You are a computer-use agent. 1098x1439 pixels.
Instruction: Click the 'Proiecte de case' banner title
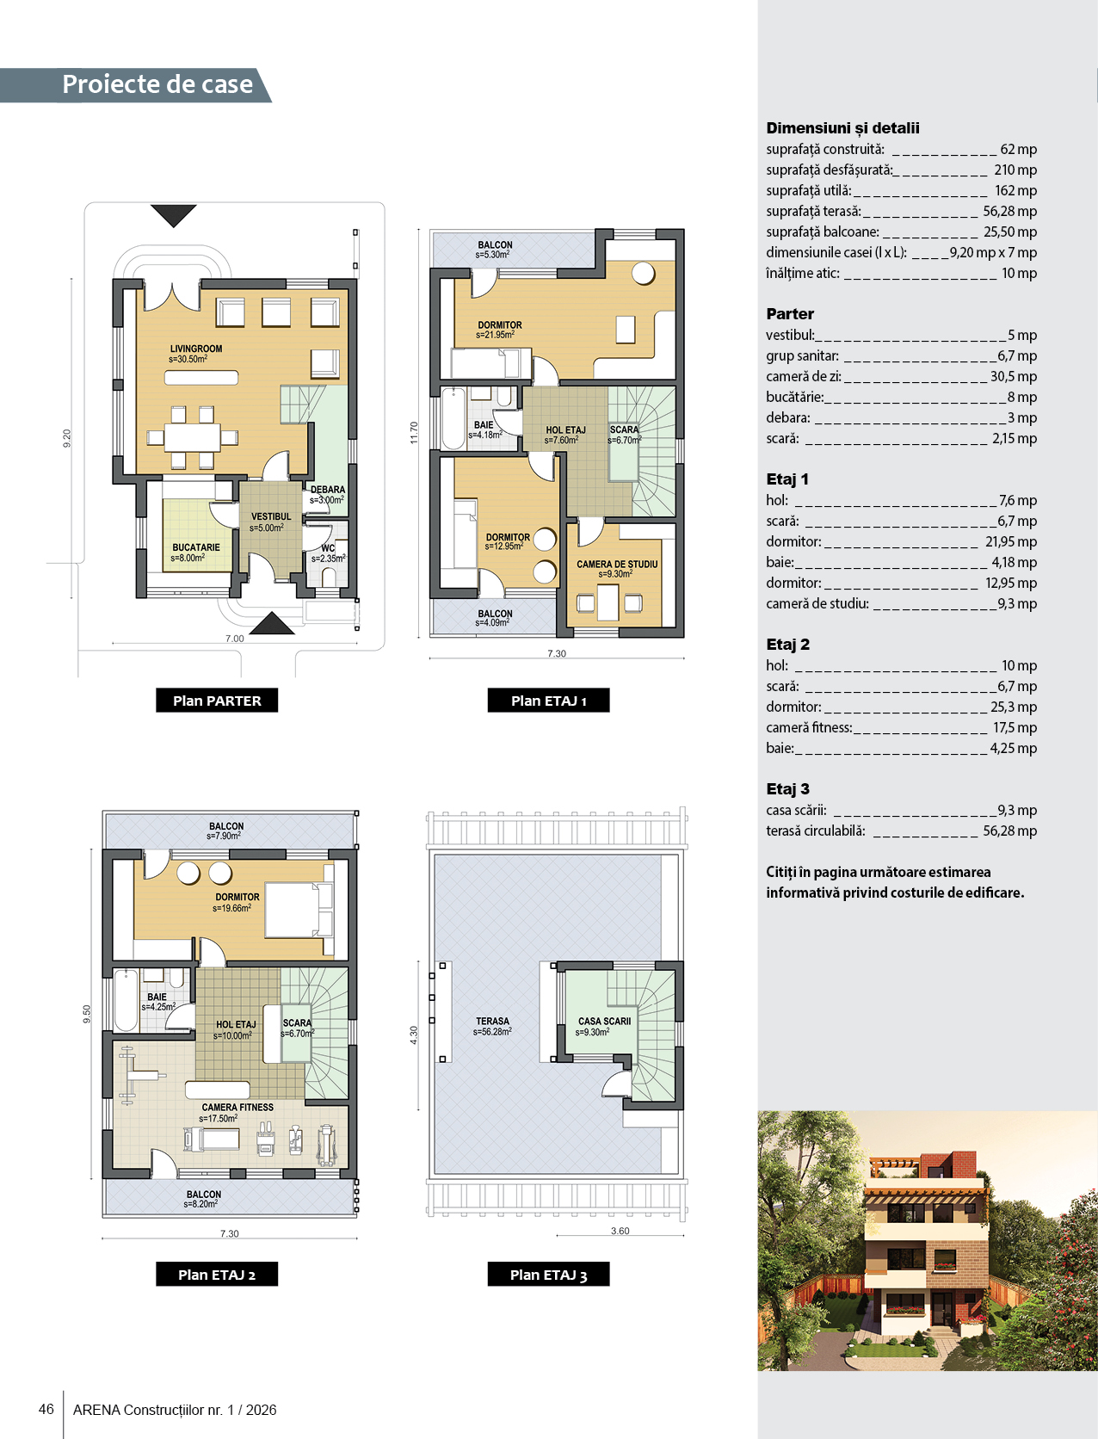tap(157, 84)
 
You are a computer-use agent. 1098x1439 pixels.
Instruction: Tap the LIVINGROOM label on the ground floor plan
tap(196, 349)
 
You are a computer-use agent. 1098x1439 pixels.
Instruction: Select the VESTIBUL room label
tap(271, 516)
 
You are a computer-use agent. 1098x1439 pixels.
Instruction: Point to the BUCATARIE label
tap(196, 547)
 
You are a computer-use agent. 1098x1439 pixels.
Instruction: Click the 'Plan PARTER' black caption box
tap(217, 701)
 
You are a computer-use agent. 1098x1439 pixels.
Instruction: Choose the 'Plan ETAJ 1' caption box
tap(549, 701)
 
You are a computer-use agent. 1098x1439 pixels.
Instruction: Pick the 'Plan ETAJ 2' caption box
tap(217, 1274)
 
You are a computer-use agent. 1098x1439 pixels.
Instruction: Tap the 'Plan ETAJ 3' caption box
tap(549, 1274)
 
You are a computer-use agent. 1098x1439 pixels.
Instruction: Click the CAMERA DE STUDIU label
tap(617, 564)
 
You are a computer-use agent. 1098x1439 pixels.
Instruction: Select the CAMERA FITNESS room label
tap(237, 1108)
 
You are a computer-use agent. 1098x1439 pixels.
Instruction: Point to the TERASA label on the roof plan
tap(492, 1022)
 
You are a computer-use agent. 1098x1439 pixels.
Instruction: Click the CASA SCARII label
tap(604, 1022)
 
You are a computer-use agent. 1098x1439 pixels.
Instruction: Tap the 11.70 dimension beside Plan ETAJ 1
tap(414, 433)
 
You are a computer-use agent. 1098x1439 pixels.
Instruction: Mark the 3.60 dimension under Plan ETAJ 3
tap(620, 1232)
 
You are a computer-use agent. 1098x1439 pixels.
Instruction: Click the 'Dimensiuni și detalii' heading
tap(842, 128)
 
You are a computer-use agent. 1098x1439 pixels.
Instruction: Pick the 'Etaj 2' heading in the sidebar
tap(788, 645)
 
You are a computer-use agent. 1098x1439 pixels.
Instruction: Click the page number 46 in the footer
tap(46, 1409)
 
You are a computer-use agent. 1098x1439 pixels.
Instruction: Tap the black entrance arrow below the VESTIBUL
tap(272, 623)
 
